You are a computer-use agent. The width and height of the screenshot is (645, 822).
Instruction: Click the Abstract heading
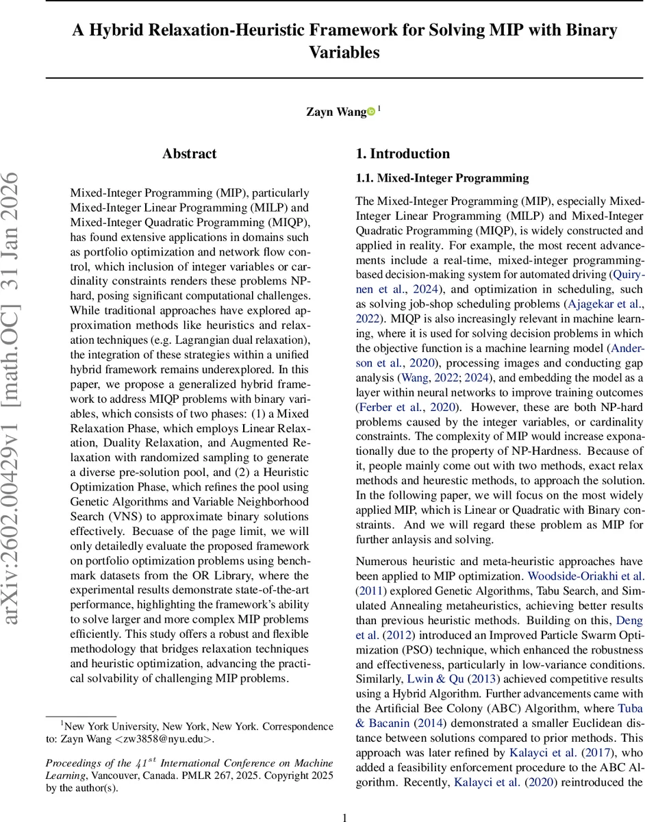(189, 154)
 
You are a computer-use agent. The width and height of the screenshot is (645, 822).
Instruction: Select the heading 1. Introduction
(403, 154)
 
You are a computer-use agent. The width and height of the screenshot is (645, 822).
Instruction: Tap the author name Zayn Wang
(336, 112)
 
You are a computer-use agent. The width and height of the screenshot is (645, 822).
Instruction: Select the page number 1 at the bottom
(344, 798)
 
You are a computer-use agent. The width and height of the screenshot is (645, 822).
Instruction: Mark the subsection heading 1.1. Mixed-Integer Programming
(442, 179)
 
